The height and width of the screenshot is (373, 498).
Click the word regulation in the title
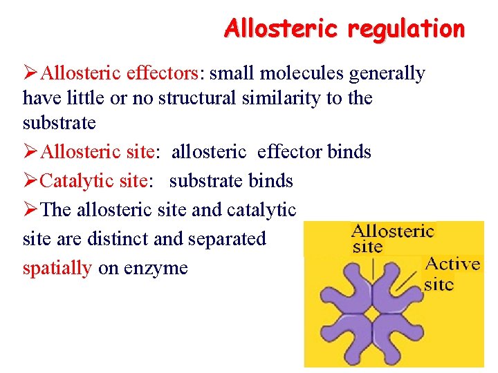click(x=406, y=29)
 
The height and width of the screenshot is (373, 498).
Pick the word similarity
click(x=282, y=98)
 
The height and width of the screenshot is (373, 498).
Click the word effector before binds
click(x=290, y=151)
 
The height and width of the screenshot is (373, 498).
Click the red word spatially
click(x=57, y=268)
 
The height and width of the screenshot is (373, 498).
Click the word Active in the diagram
click(x=452, y=264)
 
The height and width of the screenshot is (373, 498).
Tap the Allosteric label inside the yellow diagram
click(x=391, y=231)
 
